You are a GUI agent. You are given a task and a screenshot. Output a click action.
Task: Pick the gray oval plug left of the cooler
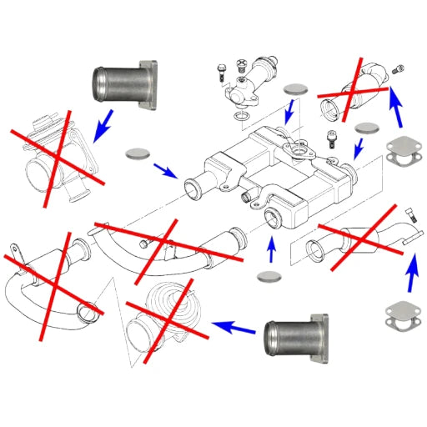pyautogui.click(x=138, y=153)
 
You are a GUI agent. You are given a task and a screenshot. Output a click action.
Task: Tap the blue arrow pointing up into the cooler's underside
pyautogui.click(x=271, y=249)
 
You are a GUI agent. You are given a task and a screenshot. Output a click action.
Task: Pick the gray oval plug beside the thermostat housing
pyautogui.click(x=298, y=88)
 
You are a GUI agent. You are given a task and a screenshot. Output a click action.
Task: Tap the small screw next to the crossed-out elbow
pyautogui.click(x=398, y=69)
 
